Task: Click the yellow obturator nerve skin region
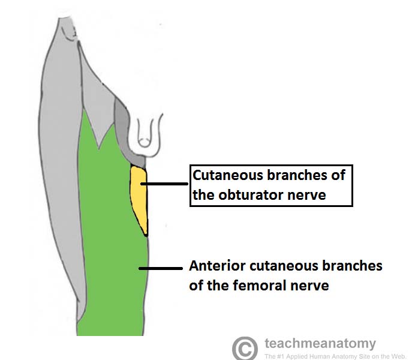(x=139, y=198)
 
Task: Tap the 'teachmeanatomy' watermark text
(x=320, y=344)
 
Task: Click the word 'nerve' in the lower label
(x=309, y=285)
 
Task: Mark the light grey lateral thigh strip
(x=60, y=180)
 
